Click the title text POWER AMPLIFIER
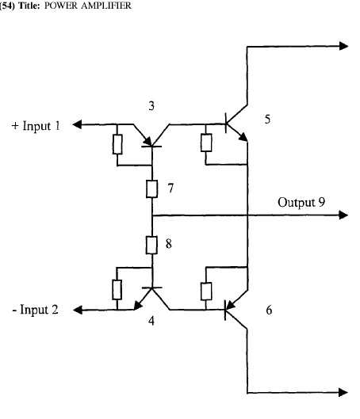[87, 6]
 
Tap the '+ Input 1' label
[36, 126]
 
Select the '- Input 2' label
[35, 310]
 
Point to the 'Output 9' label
[301, 202]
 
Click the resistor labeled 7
[151, 189]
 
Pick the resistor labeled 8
[151, 245]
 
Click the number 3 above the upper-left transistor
[151, 106]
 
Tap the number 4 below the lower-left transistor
[151, 321]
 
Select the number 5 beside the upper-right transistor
[267, 119]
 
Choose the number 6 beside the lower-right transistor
[269, 310]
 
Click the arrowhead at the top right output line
[343, 46]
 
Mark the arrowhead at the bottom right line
[343, 392]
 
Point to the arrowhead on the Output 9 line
[343, 215]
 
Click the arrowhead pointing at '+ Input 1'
[77, 124]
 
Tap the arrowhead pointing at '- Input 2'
[77, 310]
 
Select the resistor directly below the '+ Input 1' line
[117, 144]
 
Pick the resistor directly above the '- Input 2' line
[117, 290]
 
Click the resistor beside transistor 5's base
[206, 143]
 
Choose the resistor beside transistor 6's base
[206, 291]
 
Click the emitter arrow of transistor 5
[243, 137]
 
